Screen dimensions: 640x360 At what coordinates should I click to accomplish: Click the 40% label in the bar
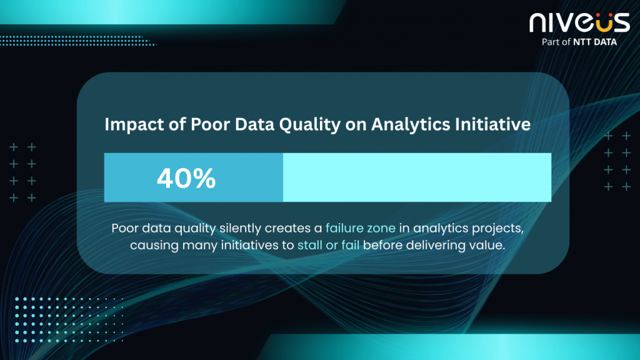point(186,178)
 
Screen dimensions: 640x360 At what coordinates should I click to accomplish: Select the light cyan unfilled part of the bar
point(417,177)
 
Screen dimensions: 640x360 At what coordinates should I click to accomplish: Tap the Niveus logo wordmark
point(579,22)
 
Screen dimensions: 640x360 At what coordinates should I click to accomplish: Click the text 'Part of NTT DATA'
point(579,42)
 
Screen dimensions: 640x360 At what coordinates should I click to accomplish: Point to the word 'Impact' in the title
point(135,125)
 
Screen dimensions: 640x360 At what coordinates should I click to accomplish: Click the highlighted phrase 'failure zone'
point(361,227)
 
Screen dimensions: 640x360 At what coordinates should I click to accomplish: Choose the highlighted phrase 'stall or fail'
point(329,245)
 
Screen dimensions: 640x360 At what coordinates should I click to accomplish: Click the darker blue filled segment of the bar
point(194,177)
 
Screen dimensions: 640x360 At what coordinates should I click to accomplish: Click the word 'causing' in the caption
point(154,246)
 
